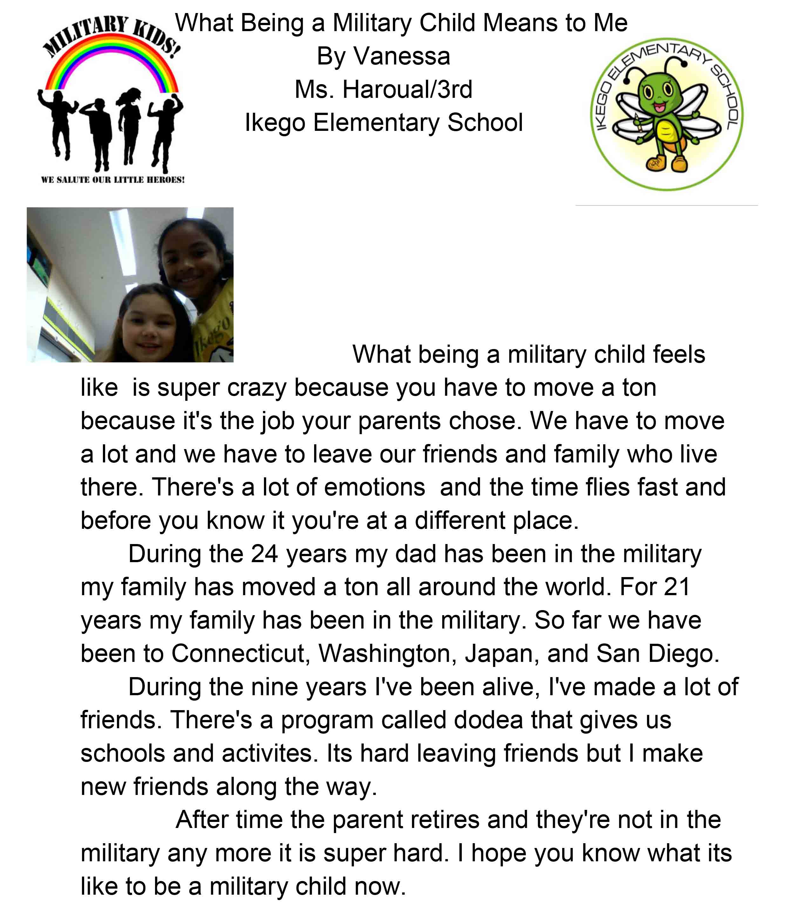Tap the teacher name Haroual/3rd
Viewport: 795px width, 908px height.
pyautogui.click(x=407, y=90)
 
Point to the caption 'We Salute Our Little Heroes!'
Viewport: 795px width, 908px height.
pyautogui.click(x=113, y=180)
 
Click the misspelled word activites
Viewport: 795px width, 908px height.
pyautogui.click(x=269, y=754)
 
